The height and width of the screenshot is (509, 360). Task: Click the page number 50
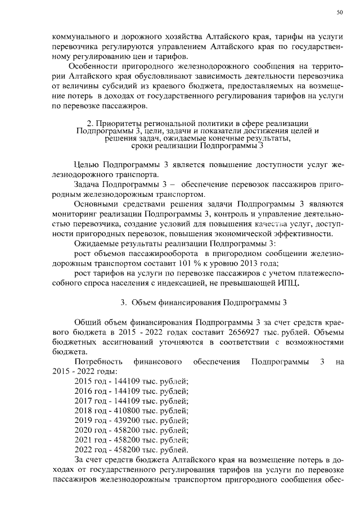click(339, 12)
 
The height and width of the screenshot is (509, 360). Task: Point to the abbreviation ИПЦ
click(287, 283)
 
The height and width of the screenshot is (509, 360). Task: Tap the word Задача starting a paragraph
click(88, 184)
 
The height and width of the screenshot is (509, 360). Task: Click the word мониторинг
click(74, 214)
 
